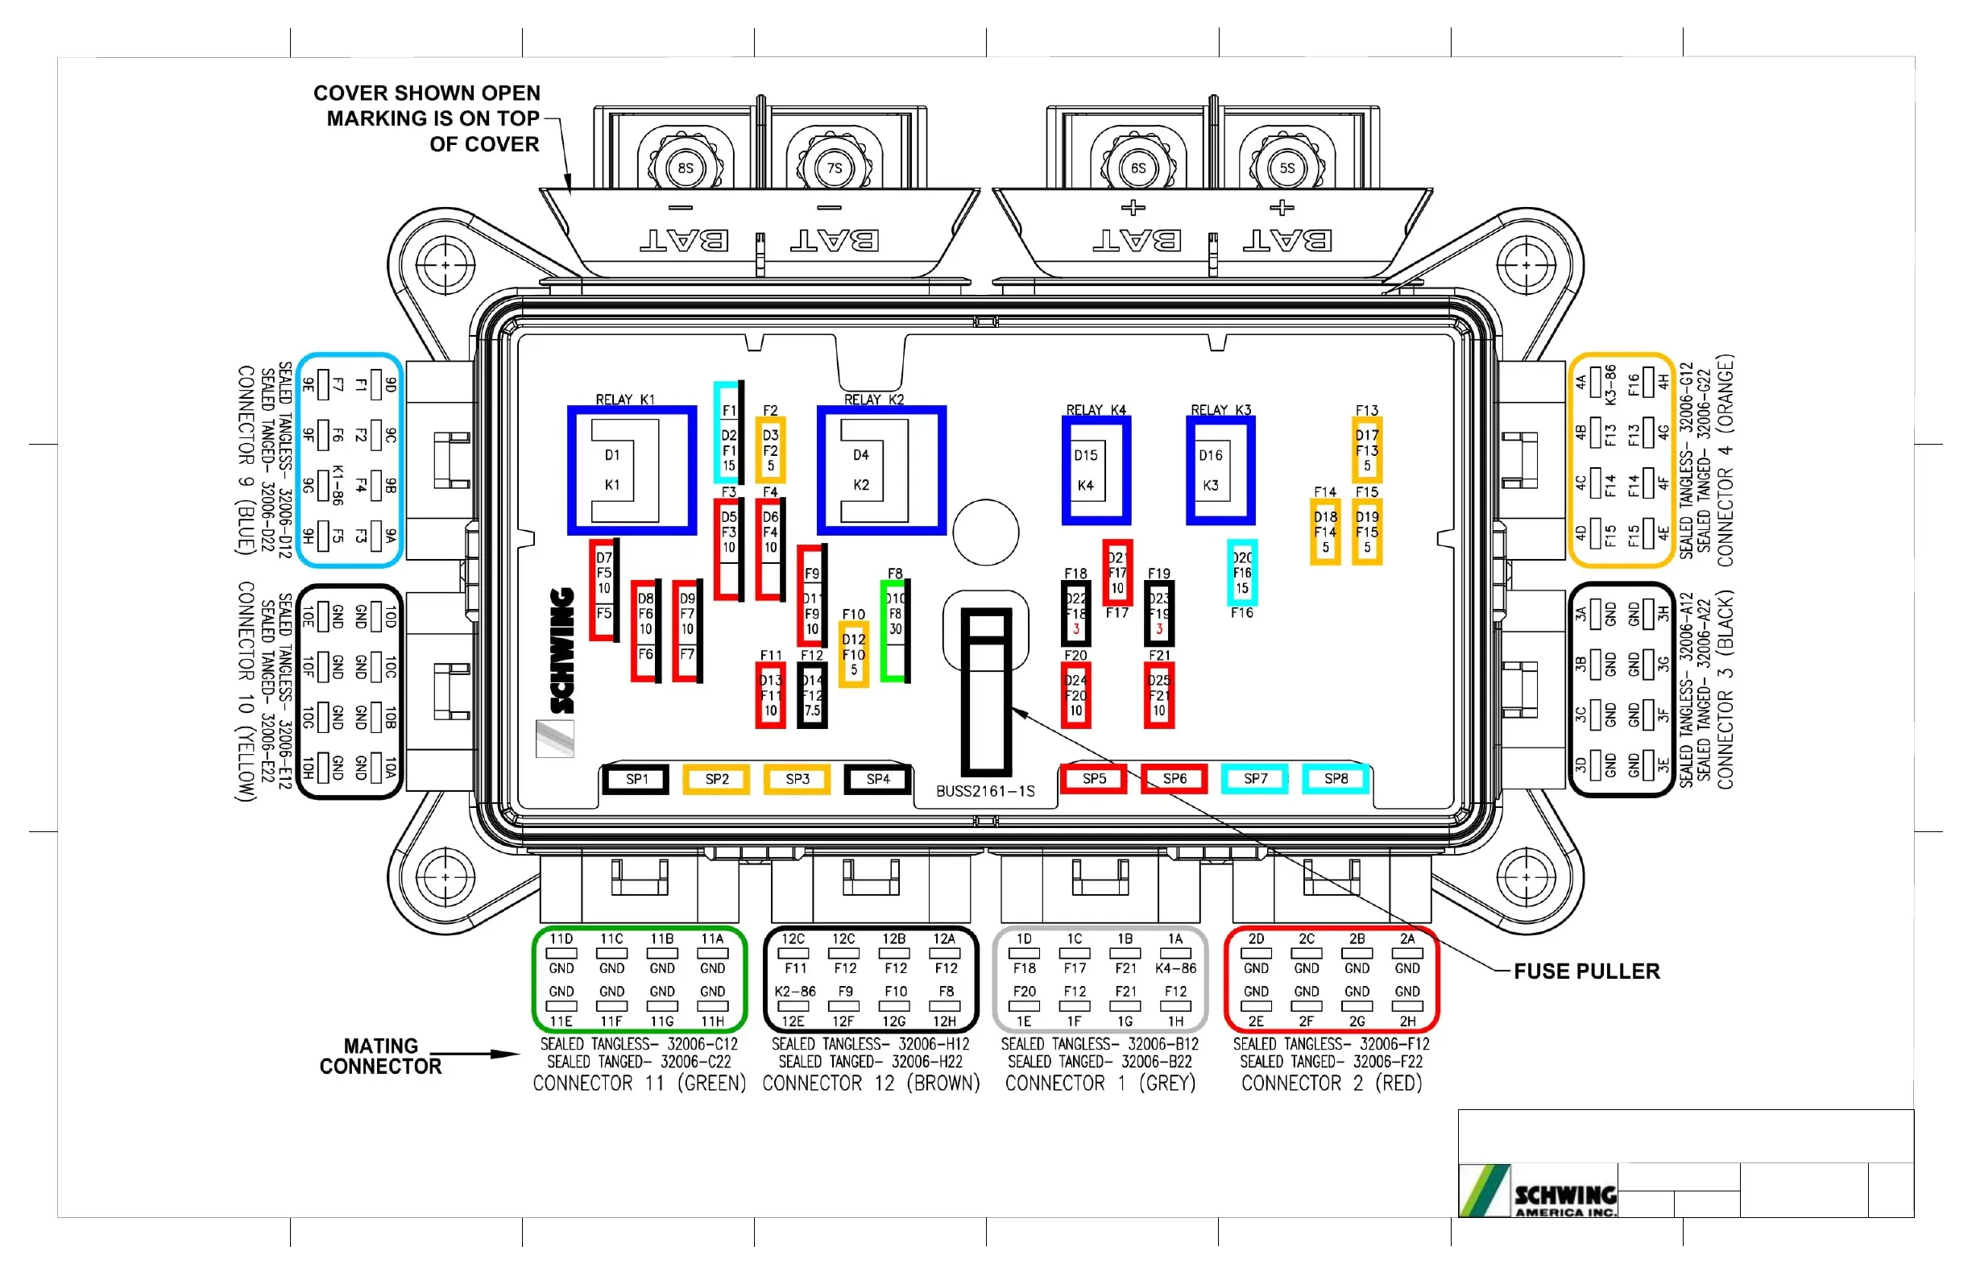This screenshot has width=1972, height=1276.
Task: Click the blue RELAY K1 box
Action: tap(632, 470)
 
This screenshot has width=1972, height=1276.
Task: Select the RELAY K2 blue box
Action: tap(880, 470)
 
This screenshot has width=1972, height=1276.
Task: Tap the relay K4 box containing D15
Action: tap(1096, 470)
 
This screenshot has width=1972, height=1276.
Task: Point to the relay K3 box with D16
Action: tap(1220, 470)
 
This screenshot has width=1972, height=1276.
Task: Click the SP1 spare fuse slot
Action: tap(636, 779)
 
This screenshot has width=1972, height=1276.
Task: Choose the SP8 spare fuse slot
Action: tap(1335, 779)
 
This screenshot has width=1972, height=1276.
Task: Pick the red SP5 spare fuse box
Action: tap(1093, 779)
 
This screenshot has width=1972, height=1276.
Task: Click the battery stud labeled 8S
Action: tap(686, 168)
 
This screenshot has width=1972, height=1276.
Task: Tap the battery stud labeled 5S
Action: tap(1286, 168)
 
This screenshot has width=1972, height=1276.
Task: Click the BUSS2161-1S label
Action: tap(985, 791)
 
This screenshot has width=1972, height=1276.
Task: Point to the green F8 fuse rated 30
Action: tap(895, 630)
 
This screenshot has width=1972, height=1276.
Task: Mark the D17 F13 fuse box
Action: tap(1366, 450)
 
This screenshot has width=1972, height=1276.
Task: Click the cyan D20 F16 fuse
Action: tap(1241, 573)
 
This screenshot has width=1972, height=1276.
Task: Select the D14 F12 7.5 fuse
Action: tap(812, 695)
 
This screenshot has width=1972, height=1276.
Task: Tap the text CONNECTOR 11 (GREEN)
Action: tap(639, 1083)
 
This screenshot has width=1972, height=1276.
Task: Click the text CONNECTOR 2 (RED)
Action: tap(1331, 1083)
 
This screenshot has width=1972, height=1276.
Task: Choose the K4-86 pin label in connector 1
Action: tap(1175, 967)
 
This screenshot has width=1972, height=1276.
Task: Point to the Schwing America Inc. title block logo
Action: tap(1538, 1191)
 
